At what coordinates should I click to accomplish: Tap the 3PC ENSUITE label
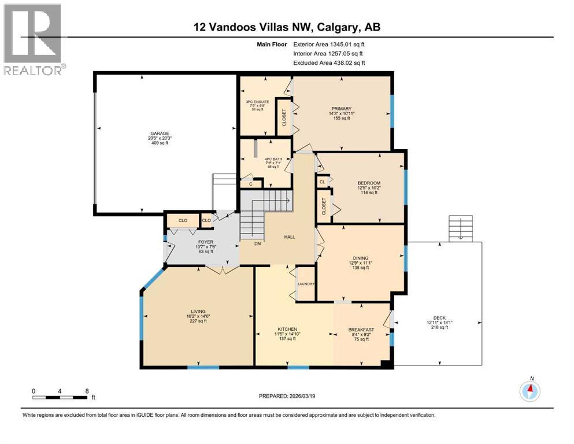pyautogui.click(x=254, y=102)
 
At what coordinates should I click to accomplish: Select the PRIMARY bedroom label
pyautogui.click(x=338, y=108)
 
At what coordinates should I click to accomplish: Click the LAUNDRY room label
pyautogui.click(x=305, y=284)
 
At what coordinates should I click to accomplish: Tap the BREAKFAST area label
pyautogui.click(x=361, y=330)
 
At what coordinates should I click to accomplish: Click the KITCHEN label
pyautogui.click(x=286, y=330)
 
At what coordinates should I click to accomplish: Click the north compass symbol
pyautogui.click(x=529, y=391)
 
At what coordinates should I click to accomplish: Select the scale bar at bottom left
pyautogui.click(x=60, y=396)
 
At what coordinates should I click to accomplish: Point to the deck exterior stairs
pyautogui.click(x=460, y=230)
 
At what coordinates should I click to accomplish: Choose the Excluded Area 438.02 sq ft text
pyautogui.click(x=329, y=62)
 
